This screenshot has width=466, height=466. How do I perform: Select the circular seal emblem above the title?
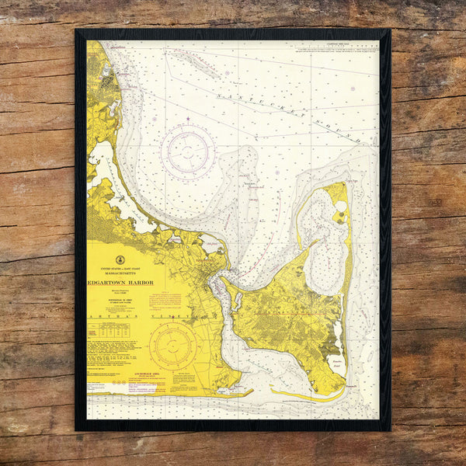120,260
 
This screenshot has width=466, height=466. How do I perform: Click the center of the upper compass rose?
189,148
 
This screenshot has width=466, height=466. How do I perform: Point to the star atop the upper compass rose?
189,119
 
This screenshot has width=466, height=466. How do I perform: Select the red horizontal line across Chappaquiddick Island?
303,314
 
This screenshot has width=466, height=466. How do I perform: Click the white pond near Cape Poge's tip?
339,207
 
